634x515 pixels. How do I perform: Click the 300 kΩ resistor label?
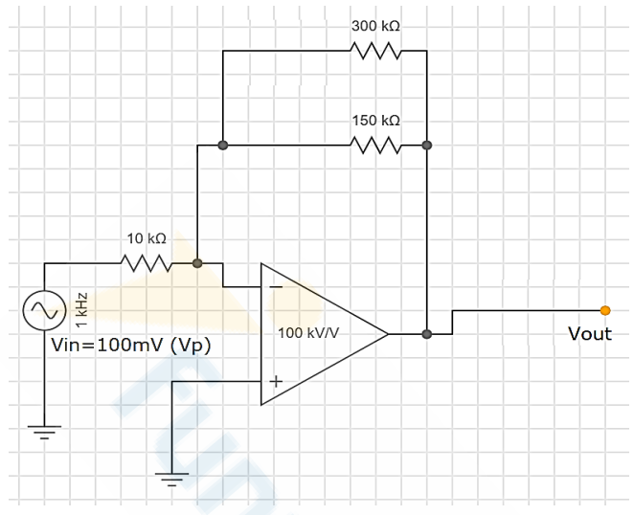point(375,26)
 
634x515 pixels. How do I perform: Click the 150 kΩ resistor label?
point(375,121)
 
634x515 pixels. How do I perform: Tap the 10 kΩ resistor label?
point(147,238)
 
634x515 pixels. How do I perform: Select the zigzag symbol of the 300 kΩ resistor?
point(375,51)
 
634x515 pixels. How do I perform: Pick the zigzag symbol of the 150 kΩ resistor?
point(375,146)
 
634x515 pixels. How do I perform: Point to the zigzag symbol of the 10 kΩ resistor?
point(147,263)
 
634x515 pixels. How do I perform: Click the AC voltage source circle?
point(44,310)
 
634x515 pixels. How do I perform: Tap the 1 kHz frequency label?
point(81,310)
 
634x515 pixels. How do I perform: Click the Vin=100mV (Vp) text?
point(130,346)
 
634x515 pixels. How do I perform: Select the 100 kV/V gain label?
point(308,333)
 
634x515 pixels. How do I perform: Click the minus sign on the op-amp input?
point(276,287)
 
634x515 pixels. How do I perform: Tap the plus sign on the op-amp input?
point(276,381)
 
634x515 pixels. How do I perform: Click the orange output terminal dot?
point(605,310)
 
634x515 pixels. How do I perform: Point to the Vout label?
point(590,334)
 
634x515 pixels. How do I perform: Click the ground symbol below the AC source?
point(44,432)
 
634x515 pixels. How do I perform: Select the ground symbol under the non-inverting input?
point(171,480)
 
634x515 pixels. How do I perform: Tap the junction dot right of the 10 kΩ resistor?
point(197,263)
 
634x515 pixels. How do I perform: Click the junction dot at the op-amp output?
point(426,334)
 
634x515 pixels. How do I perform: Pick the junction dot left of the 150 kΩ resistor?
point(222,146)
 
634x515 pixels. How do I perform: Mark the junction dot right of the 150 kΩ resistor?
point(426,146)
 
